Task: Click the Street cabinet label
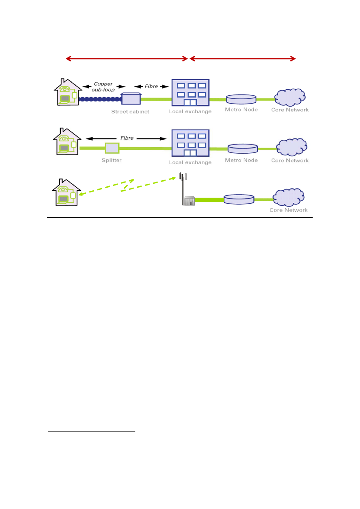click(x=130, y=111)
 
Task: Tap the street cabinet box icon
click(x=131, y=99)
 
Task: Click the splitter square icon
click(x=112, y=148)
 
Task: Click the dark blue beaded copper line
click(x=100, y=100)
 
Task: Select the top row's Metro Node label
click(x=241, y=109)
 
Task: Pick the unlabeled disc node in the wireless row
click(x=238, y=199)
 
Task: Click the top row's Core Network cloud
click(x=289, y=98)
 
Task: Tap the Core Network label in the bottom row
click(x=289, y=210)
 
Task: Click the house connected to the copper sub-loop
click(x=67, y=92)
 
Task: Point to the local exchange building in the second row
click(x=190, y=143)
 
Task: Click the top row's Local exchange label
click(x=190, y=111)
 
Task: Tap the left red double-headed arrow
click(x=126, y=58)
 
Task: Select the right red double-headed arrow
click(x=242, y=58)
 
